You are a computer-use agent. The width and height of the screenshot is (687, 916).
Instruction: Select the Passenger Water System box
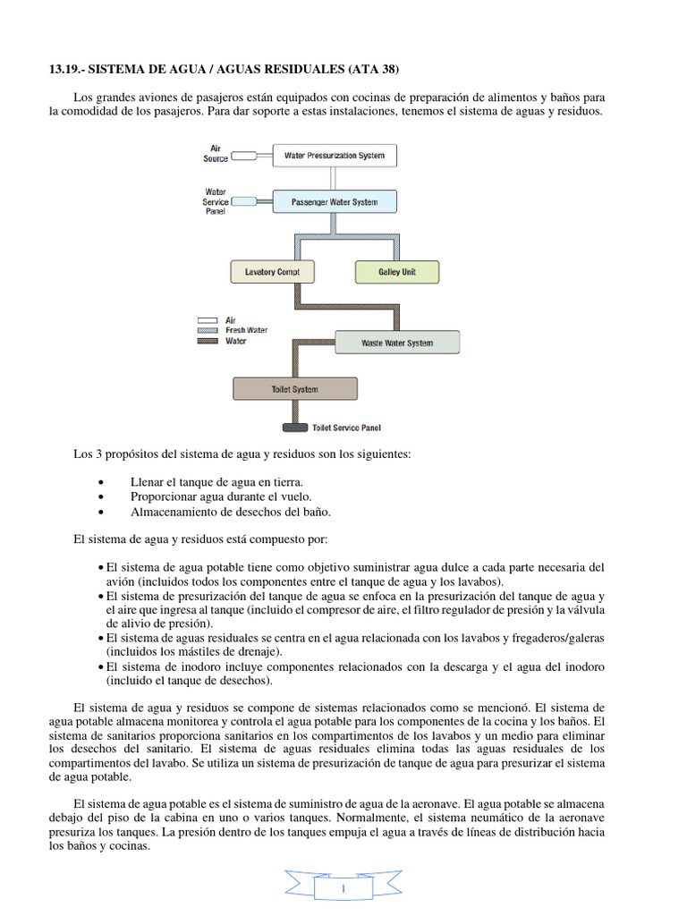(334, 202)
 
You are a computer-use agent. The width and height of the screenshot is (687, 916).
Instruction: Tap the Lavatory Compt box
(273, 271)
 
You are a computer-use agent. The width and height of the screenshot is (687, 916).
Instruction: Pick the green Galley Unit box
(397, 271)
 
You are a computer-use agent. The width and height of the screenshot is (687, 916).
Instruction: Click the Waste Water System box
(397, 343)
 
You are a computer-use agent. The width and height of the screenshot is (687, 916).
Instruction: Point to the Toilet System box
(294, 389)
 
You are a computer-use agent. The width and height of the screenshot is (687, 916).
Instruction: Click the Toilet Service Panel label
(346, 428)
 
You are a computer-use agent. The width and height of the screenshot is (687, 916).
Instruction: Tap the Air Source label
(216, 153)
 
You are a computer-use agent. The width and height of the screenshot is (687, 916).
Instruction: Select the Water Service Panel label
(216, 201)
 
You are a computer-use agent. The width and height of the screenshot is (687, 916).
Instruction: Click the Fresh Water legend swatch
(208, 330)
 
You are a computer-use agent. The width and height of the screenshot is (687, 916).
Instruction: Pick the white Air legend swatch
(208, 319)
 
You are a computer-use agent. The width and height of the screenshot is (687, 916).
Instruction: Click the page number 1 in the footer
(343, 889)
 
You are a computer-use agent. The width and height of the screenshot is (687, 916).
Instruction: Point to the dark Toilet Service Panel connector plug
(289, 428)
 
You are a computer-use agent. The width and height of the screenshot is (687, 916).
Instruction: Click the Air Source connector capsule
(243, 156)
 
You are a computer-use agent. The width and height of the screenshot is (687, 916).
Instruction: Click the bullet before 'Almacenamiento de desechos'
(107, 513)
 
